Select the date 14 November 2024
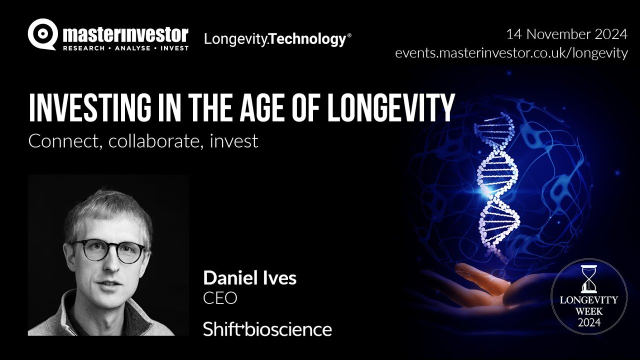(566, 34)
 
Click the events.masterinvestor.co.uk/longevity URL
(511, 53)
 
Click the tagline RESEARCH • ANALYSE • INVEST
(125, 48)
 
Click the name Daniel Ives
(249, 278)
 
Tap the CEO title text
(219, 298)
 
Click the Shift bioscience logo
(267, 329)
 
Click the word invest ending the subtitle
(233, 141)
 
